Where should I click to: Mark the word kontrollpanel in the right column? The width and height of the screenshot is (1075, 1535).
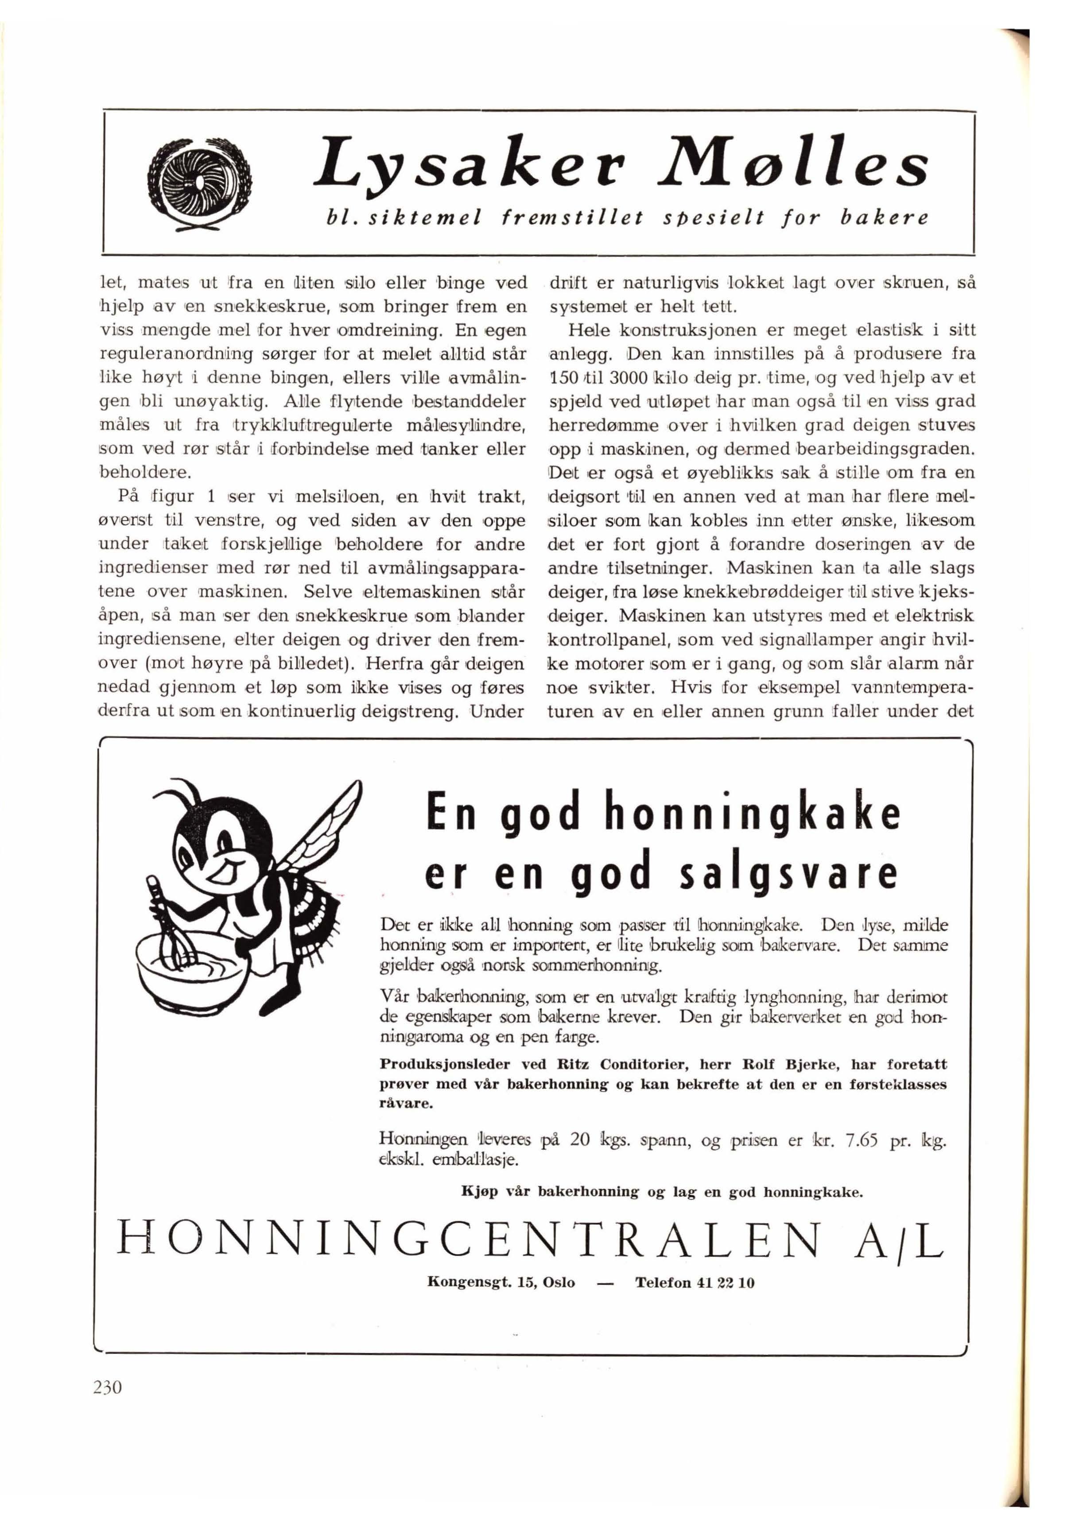click(x=608, y=640)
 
